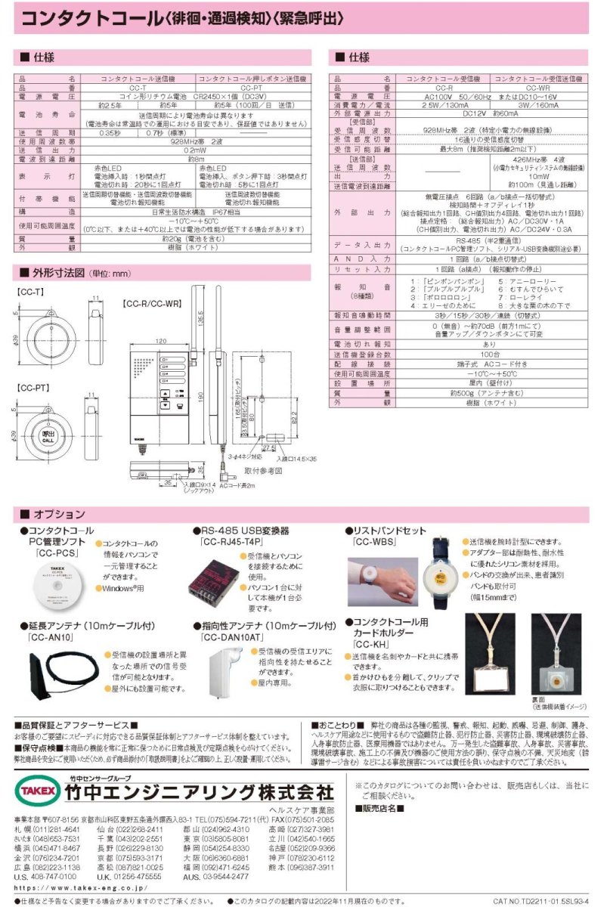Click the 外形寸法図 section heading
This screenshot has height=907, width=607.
coord(60,273)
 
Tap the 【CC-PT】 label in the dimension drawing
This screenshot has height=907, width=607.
coord(32,388)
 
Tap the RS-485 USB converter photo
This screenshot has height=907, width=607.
coord(229,587)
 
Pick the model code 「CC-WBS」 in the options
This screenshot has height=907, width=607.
coord(374,543)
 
